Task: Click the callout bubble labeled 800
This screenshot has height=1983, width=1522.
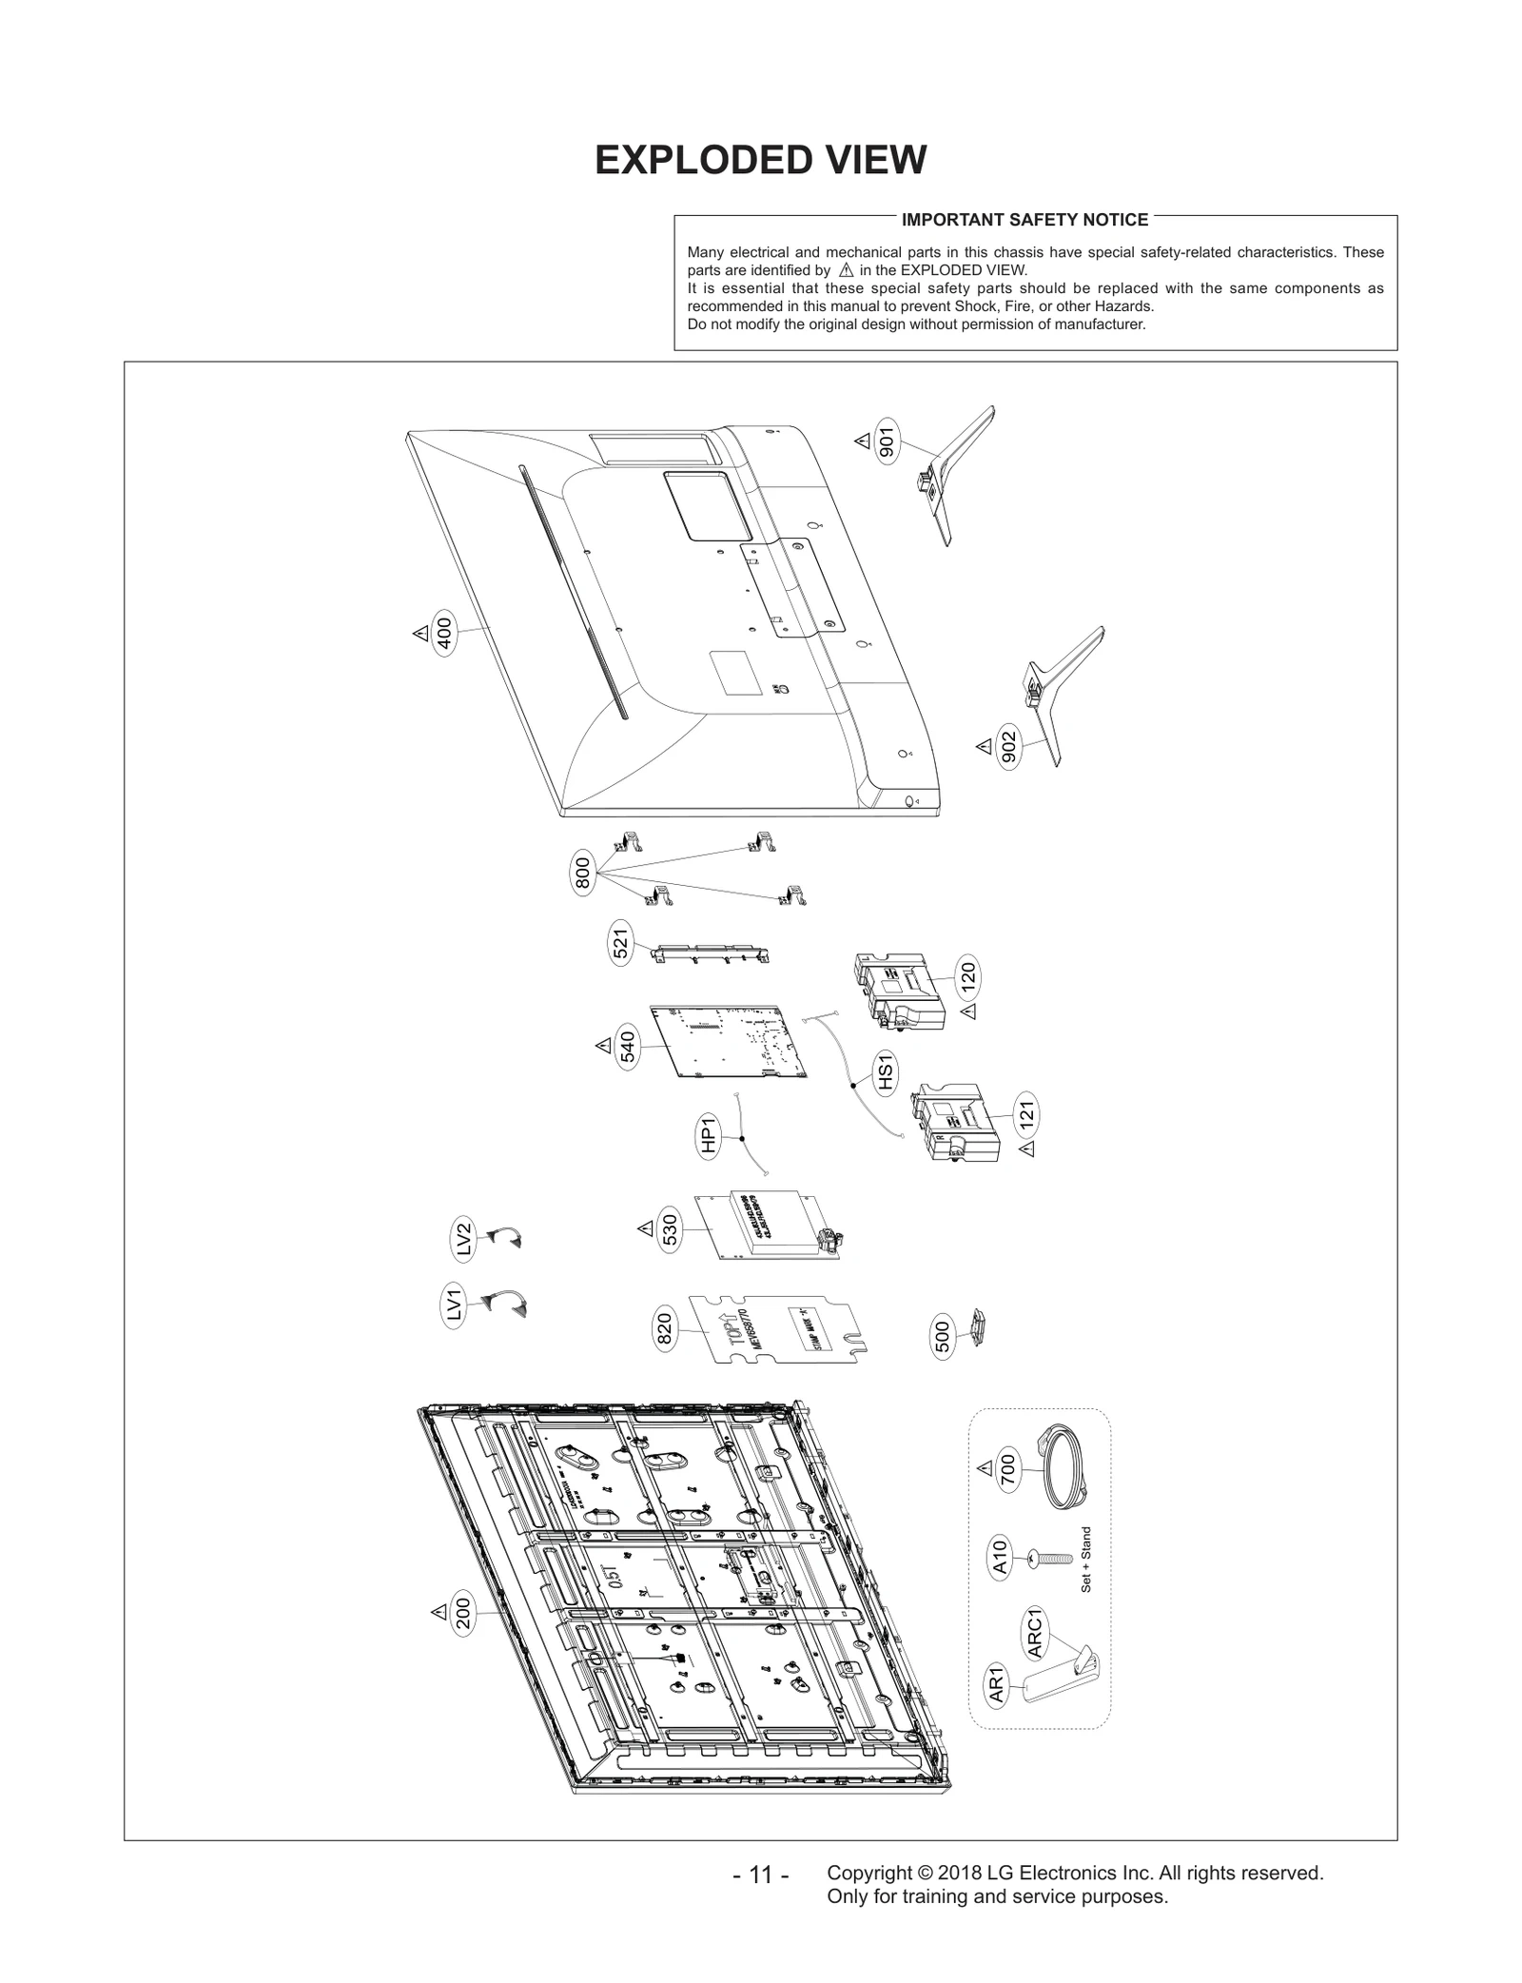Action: coord(583,873)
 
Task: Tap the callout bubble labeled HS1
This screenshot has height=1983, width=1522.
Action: coord(886,1073)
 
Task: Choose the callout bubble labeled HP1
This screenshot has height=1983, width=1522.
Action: coord(709,1136)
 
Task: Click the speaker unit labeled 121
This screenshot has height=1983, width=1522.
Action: coord(957,1123)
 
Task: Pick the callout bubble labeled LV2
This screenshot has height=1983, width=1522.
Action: coord(463,1241)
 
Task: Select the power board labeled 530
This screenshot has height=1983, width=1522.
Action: coord(771,1227)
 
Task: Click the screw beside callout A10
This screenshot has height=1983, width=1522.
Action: coord(1050,1559)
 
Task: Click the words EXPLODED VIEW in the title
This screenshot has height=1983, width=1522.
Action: coord(760,160)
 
